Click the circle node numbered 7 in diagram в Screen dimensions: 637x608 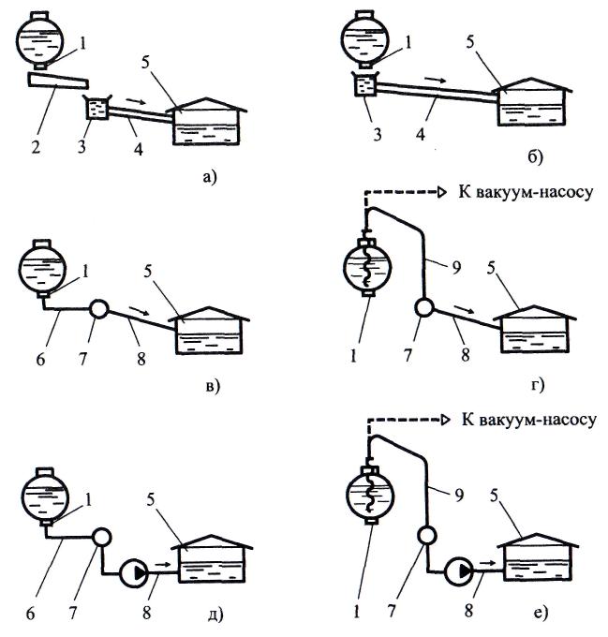tap(96, 307)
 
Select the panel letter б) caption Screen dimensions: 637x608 tap(534, 155)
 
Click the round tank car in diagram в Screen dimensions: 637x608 tap(43, 264)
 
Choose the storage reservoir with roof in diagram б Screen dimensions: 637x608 tap(530, 103)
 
